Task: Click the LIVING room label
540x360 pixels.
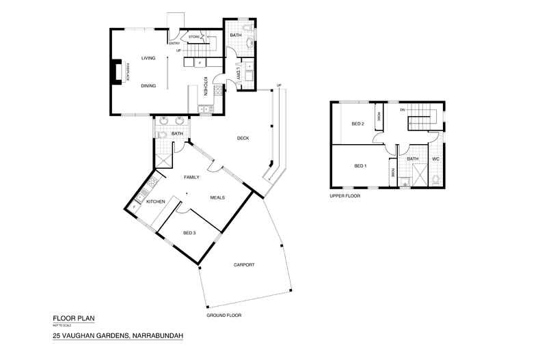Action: coord(148,59)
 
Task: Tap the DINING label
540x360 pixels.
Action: coord(148,86)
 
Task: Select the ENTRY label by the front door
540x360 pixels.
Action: coord(174,44)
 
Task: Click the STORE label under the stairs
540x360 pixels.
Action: coord(193,36)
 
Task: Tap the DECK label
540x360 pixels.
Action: coord(243,139)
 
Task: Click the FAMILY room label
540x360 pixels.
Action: coord(191,177)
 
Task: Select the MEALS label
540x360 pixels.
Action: coord(217,197)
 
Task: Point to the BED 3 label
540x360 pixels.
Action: coord(189,234)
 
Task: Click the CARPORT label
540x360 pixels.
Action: coord(244,264)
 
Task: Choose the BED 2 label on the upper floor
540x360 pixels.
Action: coord(357,124)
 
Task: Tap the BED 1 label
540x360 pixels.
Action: coord(360,166)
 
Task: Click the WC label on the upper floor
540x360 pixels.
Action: coord(435,159)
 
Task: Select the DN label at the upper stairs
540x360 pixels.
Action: coord(403,109)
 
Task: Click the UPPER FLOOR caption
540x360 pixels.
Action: coord(345,196)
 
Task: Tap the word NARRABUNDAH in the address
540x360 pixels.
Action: coord(154,336)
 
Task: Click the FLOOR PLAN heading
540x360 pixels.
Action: coord(70,318)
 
